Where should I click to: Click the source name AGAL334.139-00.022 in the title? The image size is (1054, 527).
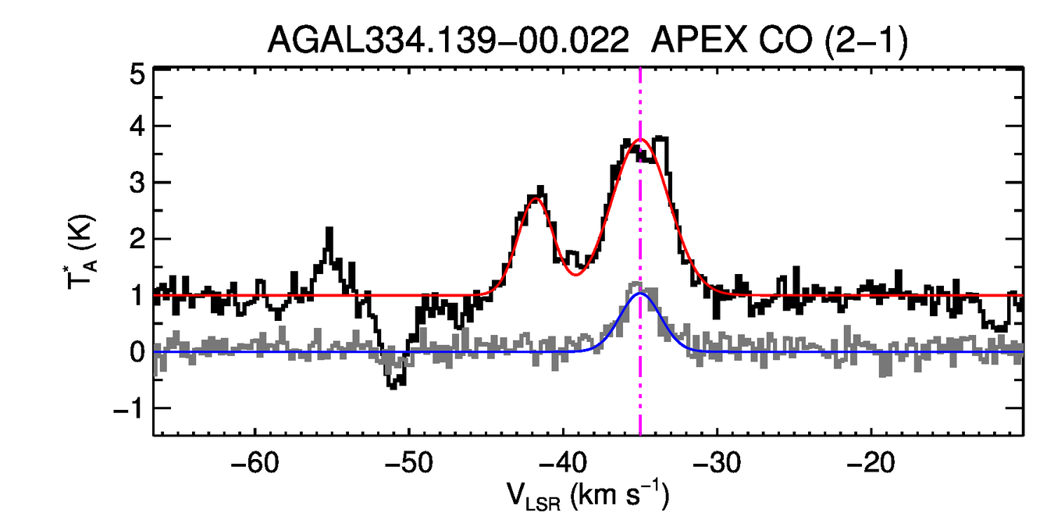(x=448, y=39)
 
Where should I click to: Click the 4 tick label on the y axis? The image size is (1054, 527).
(x=138, y=126)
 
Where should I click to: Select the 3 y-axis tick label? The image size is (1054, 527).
(x=138, y=183)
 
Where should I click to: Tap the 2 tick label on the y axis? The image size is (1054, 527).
(x=138, y=240)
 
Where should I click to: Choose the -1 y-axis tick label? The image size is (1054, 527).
(x=130, y=409)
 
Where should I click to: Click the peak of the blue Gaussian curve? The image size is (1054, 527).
(x=640, y=294)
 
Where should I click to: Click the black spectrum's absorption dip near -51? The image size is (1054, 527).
(x=394, y=384)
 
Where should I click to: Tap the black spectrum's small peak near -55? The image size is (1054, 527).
(x=329, y=230)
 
